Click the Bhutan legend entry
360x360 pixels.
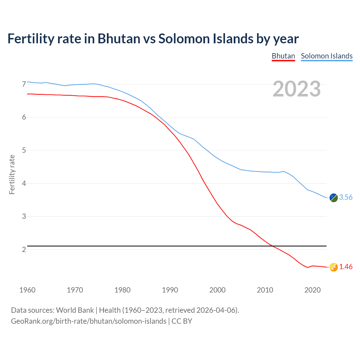283,56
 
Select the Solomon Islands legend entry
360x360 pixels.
327,56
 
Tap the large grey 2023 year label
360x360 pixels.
297,89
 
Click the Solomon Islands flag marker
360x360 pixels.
333,198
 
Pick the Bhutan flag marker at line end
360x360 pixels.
333,267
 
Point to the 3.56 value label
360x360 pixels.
346,197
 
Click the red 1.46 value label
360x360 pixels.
346,267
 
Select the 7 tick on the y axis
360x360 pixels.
24,84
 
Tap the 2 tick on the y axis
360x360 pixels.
24,249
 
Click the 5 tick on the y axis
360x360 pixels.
24,150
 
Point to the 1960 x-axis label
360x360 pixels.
27,290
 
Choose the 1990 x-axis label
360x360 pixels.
170,290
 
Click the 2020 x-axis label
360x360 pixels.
312,290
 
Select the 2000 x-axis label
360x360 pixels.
217,290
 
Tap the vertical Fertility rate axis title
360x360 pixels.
12,174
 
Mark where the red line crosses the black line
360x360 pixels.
272,246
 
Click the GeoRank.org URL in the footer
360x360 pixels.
89,321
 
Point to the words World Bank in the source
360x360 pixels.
75,310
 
